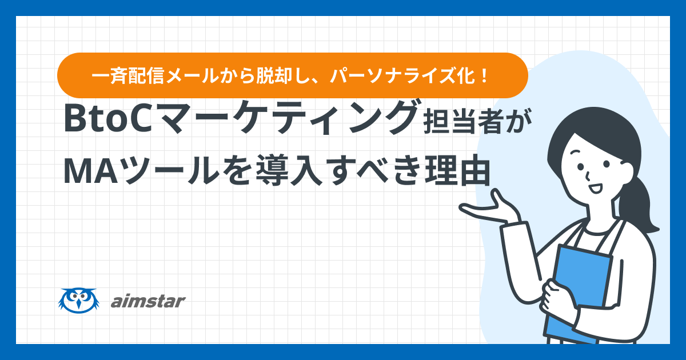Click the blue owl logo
point(79,301)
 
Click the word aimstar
point(148,301)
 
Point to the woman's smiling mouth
point(595,188)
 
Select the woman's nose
point(588,177)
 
